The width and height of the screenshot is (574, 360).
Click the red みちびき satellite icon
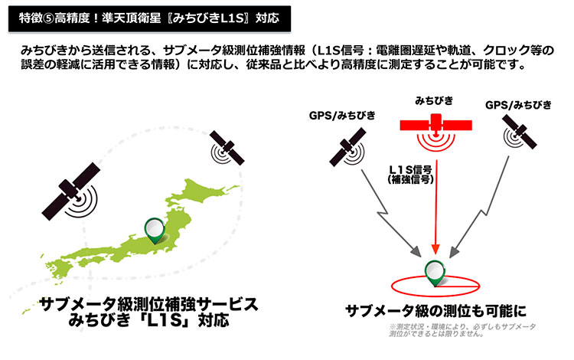[x=433, y=126]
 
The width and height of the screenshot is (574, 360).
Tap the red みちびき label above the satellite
[x=434, y=100]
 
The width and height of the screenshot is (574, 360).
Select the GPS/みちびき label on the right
[x=518, y=103]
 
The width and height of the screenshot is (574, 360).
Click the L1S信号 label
[x=413, y=167]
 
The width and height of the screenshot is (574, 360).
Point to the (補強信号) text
[x=413, y=178]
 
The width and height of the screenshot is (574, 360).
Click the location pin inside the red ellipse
[x=434, y=273]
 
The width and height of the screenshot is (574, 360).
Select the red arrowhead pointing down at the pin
[x=434, y=250]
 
